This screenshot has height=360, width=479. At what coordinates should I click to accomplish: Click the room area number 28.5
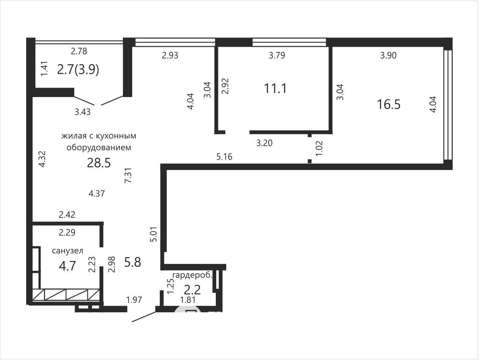(99, 163)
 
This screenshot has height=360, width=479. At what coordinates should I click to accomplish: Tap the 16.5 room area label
(389, 104)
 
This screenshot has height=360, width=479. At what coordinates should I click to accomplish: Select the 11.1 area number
(275, 88)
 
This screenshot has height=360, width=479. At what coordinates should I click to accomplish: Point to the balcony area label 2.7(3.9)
(78, 70)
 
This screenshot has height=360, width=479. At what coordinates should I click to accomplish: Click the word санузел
(68, 251)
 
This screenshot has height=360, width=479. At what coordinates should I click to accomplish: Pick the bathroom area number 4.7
(67, 266)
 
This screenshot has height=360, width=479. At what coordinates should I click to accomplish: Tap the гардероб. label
(192, 275)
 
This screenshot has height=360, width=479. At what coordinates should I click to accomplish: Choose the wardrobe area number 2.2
(192, 290)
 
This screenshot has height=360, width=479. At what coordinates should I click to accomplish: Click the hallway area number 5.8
(132, 262)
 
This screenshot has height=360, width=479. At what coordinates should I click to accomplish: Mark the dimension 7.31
(128, 175)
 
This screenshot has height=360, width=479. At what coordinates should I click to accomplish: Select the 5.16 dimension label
(225, 157)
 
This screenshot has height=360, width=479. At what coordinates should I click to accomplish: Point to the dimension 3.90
(388, 55)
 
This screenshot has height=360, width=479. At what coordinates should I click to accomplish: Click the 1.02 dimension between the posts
(319, 148)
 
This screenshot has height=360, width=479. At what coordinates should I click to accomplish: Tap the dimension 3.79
(277, 55)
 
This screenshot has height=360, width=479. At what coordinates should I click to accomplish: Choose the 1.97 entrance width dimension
(134, 300)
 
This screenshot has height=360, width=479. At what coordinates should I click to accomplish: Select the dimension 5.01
(154, 234)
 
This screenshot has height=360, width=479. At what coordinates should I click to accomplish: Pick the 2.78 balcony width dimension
(79, 51)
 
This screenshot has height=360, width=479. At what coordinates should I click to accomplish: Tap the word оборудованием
(99, 148)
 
